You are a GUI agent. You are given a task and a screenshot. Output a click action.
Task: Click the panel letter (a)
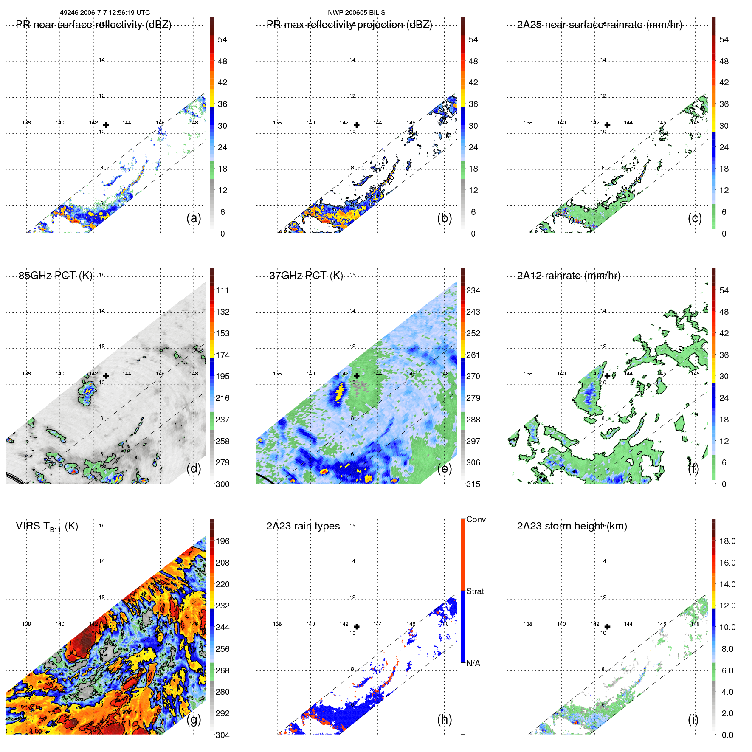pyautogui.click(x=194, y=218)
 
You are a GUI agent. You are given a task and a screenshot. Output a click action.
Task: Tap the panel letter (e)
pyautogui.click(x=444, y=468)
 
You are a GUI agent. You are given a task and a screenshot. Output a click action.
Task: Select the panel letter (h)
pyautogui.click(x=444, y=719)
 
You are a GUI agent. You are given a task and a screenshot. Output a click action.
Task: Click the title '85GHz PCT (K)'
pyautogui.click(x=55, y=276)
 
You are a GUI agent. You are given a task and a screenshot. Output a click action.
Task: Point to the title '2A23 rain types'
pyautogui.click(x=303, y=526)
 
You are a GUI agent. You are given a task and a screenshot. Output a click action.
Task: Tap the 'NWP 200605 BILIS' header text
pyautogui.click(x=356, y=13)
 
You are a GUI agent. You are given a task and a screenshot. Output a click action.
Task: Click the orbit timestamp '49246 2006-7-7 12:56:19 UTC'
pyautogui.click(x=105, y=13)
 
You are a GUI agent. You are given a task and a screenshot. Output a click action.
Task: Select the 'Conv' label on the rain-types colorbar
pyautogui.click(x=476, y=519)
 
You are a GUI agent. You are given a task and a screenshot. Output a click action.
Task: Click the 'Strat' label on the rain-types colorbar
pyautogui.click(x=475, y=591)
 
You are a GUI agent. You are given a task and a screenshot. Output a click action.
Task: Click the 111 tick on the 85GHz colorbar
pyautogui.click(x=223, y=290)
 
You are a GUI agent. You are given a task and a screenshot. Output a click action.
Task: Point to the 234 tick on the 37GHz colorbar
pyautogui.click(x=473, y=290)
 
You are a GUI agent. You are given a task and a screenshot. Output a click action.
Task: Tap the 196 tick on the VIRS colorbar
pyautogui.click(x=223, y=541)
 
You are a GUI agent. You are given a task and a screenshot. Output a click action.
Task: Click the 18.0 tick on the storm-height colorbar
pyautogui.click(x=727, y=541)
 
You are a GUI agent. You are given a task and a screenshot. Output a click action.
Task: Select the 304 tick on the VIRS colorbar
pyautogui.click(x=223, y=735)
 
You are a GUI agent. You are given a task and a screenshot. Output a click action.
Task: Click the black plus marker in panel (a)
pyautogui.click(x=106, y=125)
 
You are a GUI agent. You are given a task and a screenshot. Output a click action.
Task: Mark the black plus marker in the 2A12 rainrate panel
pyautogui.click(x=607, y=376)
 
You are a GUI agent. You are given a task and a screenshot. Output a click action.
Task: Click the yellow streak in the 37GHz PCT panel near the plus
pyautogui.click(x=339, y=393)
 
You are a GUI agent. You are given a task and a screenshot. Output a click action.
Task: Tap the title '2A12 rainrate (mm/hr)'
pyautogui.click(x=569, y=276)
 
